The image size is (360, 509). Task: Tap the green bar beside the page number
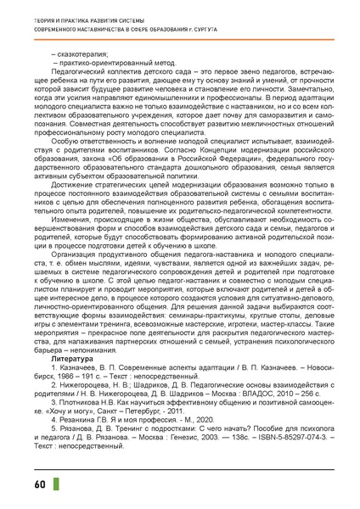tap(31, 485)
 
